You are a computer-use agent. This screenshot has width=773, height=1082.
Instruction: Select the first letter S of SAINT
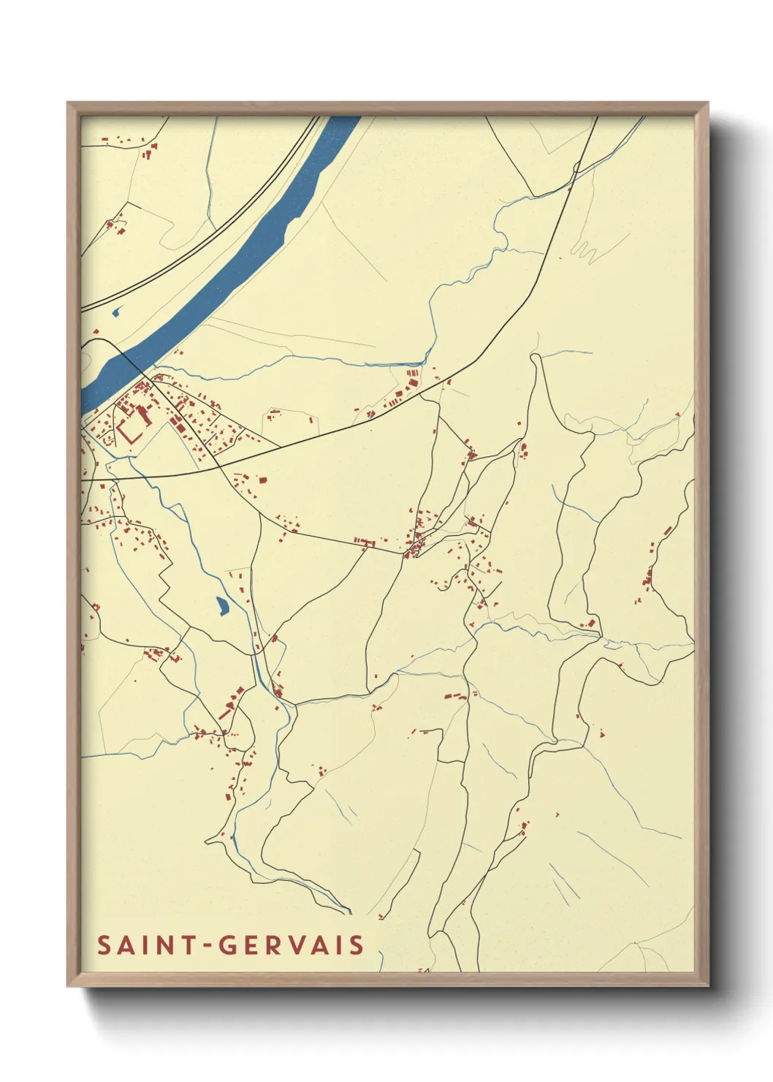(104, 945)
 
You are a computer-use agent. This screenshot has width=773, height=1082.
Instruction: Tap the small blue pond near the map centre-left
(221, 605)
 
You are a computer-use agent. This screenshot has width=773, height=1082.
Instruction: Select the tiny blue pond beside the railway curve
(115, 314)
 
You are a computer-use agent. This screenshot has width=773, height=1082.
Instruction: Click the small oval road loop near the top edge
(576, 167)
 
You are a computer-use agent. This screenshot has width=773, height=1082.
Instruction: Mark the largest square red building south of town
(262, 480)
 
